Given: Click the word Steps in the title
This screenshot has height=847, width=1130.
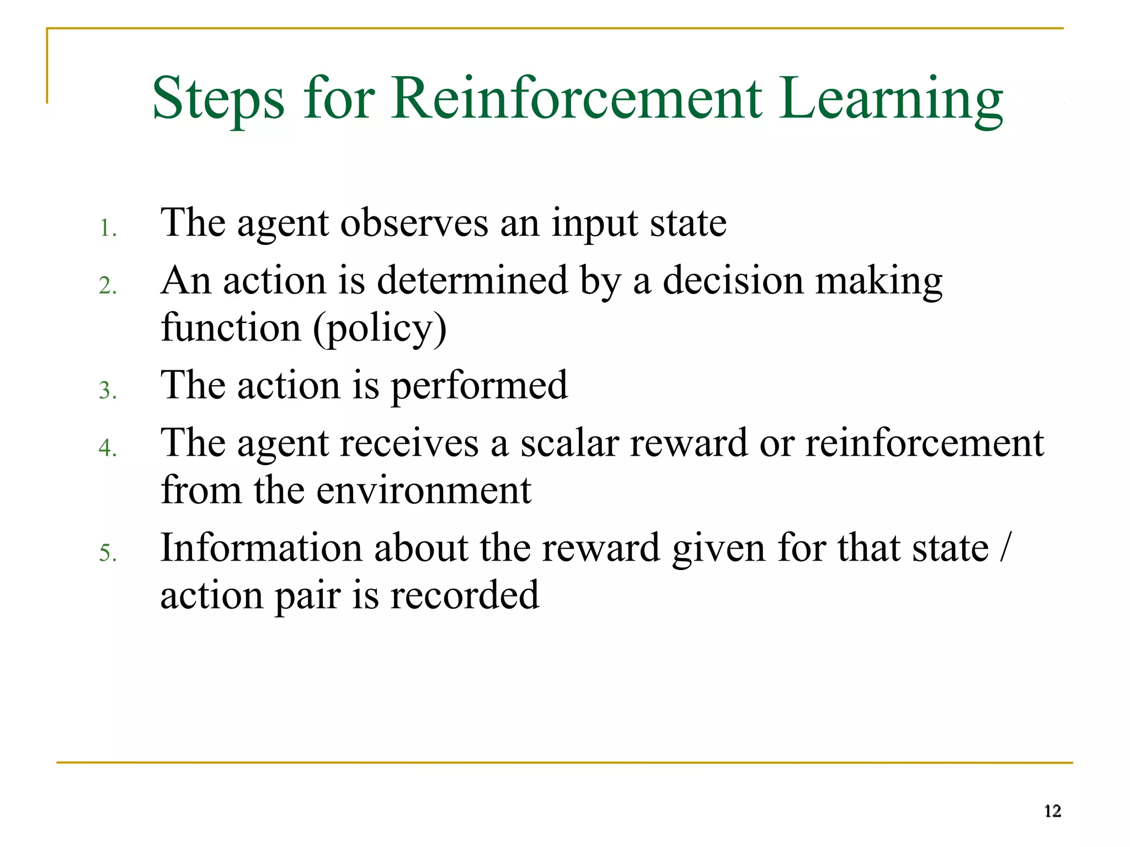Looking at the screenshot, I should tap(218, 99).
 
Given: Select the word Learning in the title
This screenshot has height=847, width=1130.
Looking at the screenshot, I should tap(891, 99).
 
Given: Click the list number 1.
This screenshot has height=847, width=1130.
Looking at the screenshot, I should tap(108, 228).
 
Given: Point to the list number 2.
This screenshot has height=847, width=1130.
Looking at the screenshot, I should tap(108, 286).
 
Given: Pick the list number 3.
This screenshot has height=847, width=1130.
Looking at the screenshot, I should tap(108, 391).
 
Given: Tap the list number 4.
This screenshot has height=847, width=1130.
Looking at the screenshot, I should tap(108, 448).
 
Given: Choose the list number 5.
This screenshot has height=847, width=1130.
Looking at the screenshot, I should tap(108, 553).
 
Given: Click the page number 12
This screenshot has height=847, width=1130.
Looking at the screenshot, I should tap(1052, 811).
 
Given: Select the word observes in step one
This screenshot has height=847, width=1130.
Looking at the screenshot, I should tap(414, 223).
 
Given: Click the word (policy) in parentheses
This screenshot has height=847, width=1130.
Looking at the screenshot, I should tap(380, 329).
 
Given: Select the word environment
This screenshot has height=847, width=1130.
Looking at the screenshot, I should tap(423, 491).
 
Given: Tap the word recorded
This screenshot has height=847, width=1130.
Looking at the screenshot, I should tap(464, 595).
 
